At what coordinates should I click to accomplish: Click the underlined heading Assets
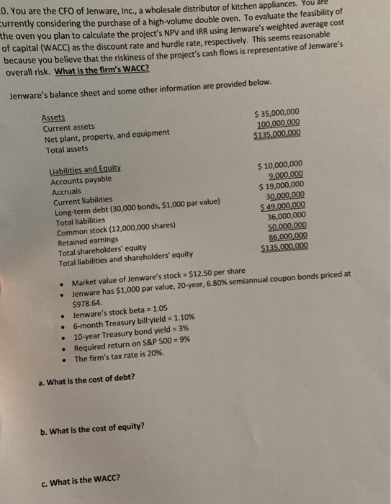[x=54, y=117]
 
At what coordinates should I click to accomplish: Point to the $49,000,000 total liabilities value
[x=283, y=206]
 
